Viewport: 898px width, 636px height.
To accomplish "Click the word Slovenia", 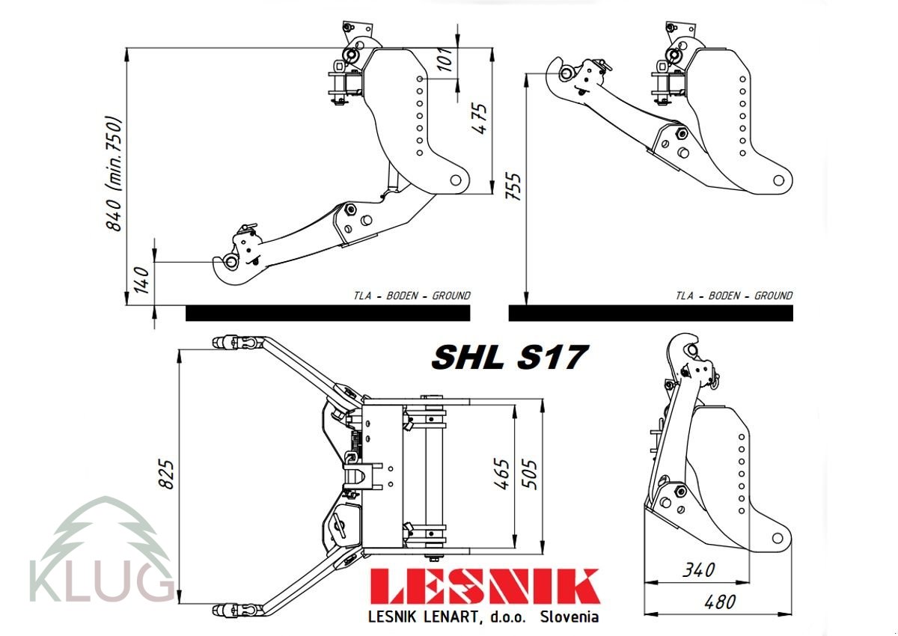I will point(569,617).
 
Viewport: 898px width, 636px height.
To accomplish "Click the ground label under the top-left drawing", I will point(412,296).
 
